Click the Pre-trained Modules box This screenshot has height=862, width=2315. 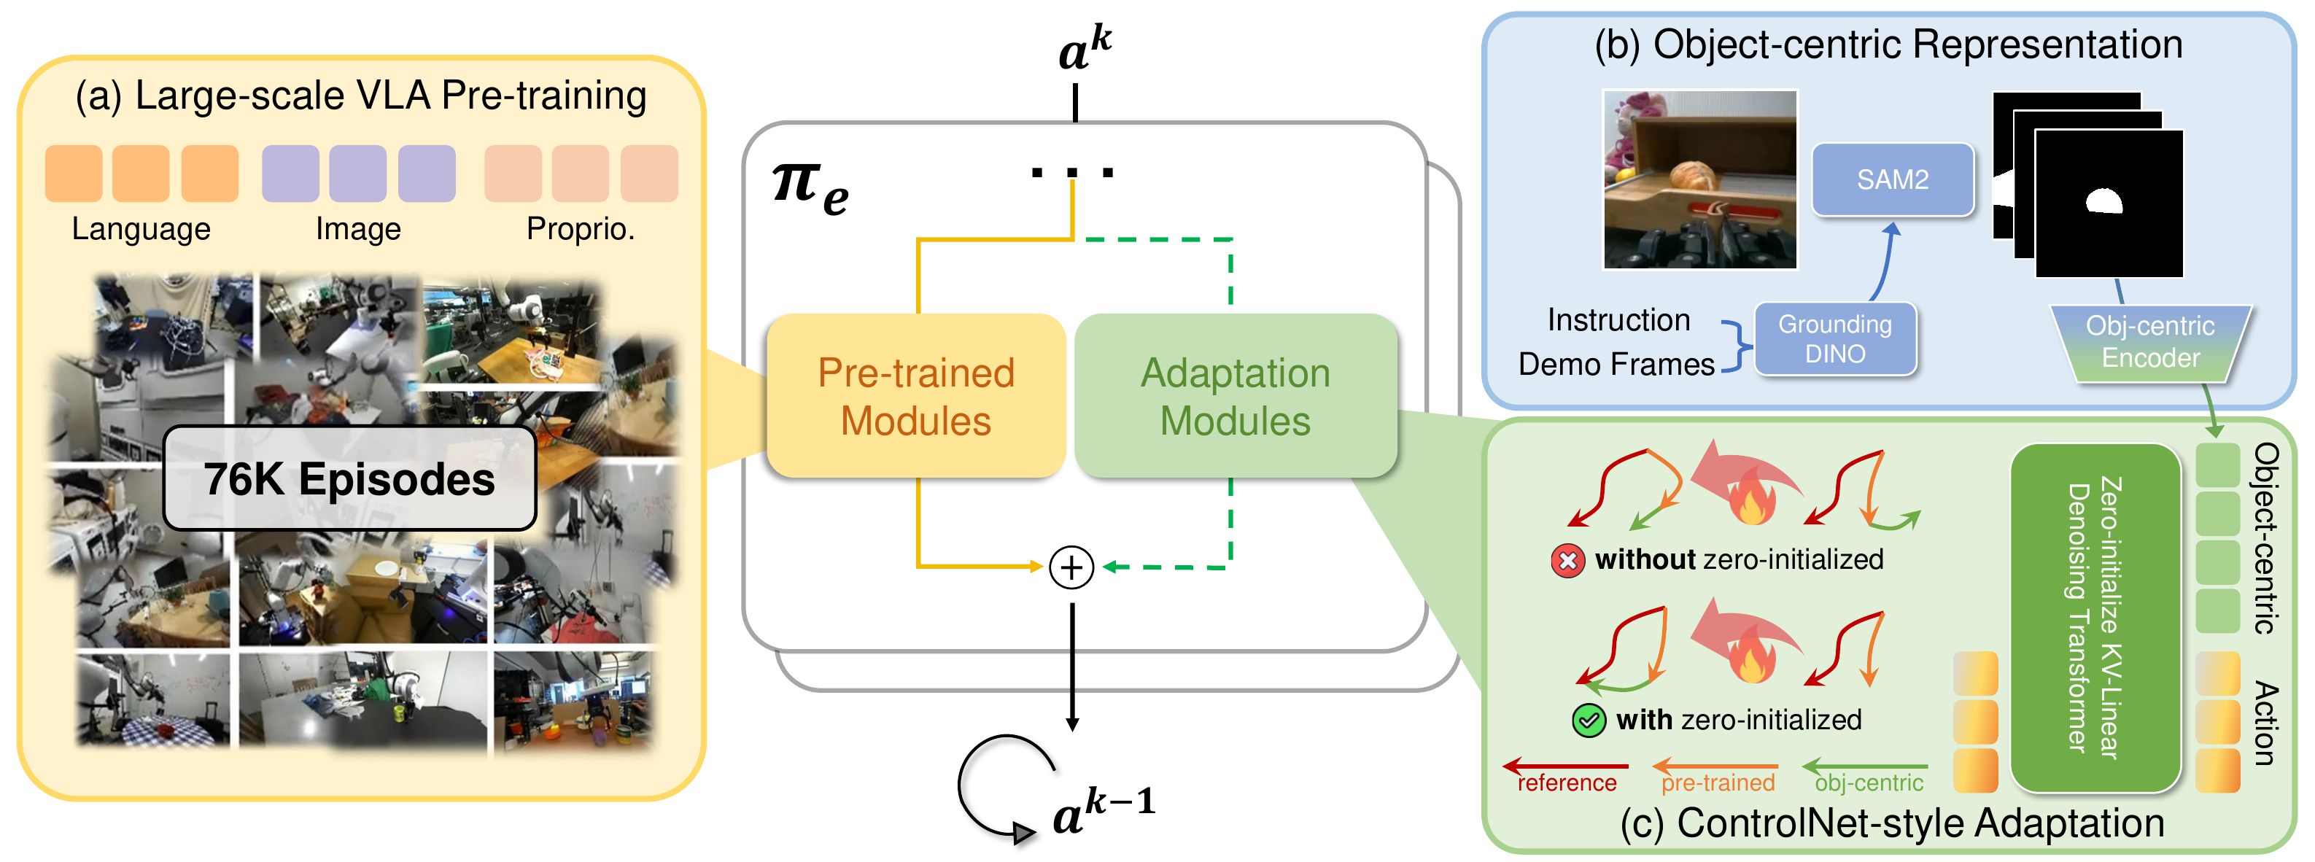(x=916, y=397)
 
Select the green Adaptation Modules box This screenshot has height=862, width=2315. (x=1235, y=397)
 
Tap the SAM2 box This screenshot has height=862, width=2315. (x=1892, y=180)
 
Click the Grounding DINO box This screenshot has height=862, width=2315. (x=1834, y=339)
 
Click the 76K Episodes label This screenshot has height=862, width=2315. (x=349, y=479)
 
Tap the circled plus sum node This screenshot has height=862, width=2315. (x=1071, y=568)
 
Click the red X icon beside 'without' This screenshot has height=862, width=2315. (x=1567, y=562)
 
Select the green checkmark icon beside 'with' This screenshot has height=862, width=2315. (x=1589, y=721)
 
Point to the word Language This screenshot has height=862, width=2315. (x=141, y=229)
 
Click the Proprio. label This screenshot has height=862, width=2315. (x=581, y=229)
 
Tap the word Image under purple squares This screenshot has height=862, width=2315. (x=357, y=229)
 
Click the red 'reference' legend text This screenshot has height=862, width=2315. (x=1567, y=784)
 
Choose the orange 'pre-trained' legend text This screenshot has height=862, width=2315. (x=1718, y=784)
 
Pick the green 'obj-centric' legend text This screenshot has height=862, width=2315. (x=1869, y=784)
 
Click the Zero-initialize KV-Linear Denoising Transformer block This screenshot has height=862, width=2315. (x=2095, y=618)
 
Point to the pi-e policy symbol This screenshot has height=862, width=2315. (x=810, y=187)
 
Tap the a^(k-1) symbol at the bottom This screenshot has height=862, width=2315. (x=1103, y=809)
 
